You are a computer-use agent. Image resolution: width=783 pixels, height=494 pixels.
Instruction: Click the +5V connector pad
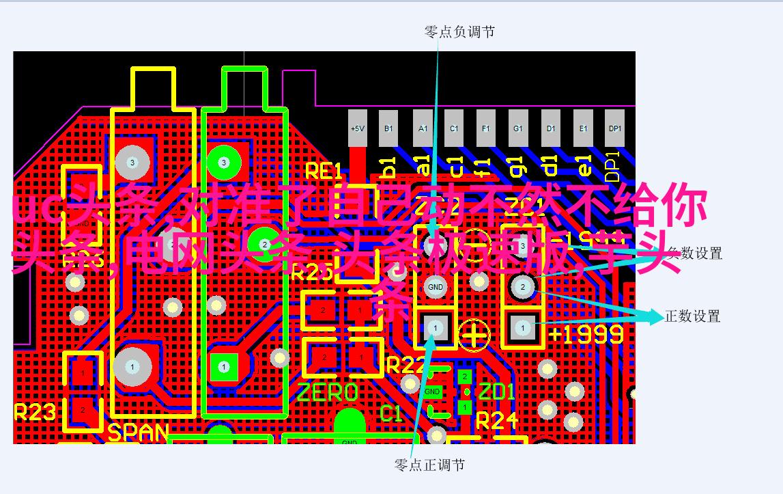[357, 128]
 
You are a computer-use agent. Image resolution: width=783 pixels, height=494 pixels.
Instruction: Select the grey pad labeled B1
[388, 128]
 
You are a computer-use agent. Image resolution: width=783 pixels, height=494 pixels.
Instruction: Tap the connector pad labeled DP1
[615, 128]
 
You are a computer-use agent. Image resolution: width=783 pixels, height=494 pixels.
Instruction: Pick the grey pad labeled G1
[518, 128]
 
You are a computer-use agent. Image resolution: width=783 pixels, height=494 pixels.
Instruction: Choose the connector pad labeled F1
[485, 128]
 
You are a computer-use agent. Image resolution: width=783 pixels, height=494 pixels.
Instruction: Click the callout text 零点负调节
[459, 31]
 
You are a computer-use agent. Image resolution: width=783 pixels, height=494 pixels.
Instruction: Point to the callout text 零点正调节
[430, 465]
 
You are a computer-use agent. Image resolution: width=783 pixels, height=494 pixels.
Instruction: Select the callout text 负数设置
[694, 253]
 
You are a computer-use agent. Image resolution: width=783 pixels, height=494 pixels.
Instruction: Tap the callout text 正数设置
[692, 316]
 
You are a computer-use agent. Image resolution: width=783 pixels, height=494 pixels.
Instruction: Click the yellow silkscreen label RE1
[323, 171]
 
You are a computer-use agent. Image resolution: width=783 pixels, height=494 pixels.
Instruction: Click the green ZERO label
[327, 392]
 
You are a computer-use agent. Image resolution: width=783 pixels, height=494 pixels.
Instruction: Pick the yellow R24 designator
[497, 420]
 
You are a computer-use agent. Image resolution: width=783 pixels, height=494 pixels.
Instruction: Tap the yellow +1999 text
[586, 334]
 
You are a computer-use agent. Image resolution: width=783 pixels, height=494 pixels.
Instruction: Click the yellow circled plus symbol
[474, 335]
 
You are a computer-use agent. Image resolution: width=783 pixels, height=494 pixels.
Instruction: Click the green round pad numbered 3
[223, 162]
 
